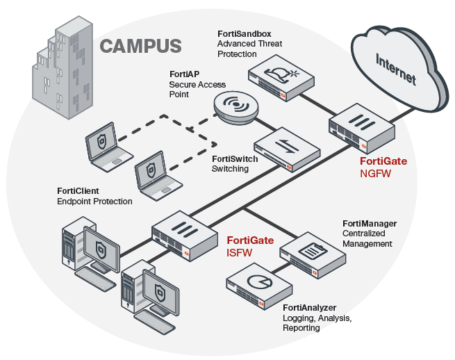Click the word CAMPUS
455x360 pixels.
(x=141, y=47)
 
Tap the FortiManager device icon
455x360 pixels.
(x=312, y=254)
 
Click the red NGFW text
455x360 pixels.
(x=376, y=174)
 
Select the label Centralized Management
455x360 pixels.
(x=367, y=239)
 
